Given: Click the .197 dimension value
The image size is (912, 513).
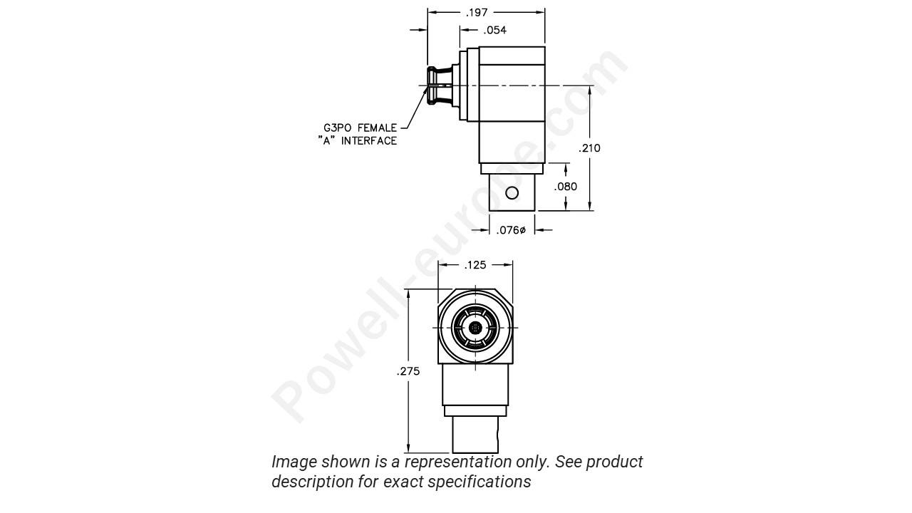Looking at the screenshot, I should pos(477,12).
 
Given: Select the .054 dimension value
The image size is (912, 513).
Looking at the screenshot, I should pos(494,30).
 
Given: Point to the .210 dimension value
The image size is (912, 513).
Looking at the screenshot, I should pos(590,148).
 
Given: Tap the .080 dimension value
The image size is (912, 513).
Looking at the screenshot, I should pos(566,187).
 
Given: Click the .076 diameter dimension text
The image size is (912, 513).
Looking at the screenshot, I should pos(511,230).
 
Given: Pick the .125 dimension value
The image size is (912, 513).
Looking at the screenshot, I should pos(475,265).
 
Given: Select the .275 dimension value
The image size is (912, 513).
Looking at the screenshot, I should pos(408,371).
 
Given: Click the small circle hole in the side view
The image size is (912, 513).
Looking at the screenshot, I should pos(512,192).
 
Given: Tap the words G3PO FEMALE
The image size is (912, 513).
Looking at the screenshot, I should pos(360,128).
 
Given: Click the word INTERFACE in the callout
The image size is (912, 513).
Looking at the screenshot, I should pos(368,141).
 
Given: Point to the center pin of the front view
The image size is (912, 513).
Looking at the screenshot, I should pos(475,328).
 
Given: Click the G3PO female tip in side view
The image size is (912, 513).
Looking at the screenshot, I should pos(432,87).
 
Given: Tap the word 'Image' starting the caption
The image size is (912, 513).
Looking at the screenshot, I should pos(294,462).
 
